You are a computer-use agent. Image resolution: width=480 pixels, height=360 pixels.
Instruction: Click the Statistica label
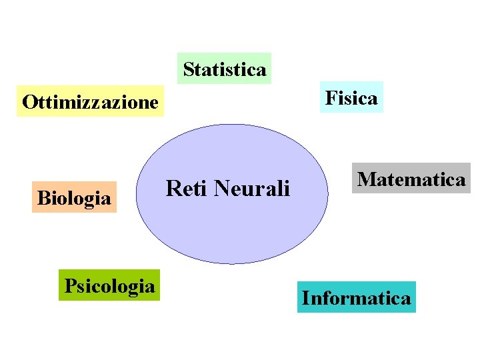click(x=225, y=69)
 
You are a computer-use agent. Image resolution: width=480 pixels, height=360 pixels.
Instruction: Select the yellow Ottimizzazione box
click(x=90, y=102)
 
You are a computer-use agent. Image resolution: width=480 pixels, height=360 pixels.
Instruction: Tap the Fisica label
click(x=351, y=98)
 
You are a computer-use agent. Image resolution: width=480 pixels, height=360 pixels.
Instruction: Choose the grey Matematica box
click(x=411, y=179)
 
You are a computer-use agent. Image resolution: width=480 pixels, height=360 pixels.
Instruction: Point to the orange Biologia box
click(x=74, y=197)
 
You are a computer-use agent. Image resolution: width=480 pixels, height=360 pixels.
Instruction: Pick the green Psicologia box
click(x=109, y=286)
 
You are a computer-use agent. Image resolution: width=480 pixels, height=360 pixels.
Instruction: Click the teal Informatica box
click(x=357, y=297)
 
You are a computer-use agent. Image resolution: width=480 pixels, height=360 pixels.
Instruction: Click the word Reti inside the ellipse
click(x=183, y=189)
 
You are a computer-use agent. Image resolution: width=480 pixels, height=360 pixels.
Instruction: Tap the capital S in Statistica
click(x=188, y=69)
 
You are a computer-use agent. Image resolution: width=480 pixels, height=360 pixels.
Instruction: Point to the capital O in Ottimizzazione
click(x=29, y=102)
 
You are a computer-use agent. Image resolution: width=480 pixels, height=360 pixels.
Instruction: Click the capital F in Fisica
click(x=330, y=98)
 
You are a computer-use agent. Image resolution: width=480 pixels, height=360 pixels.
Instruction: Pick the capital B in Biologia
click(x=43, y=197)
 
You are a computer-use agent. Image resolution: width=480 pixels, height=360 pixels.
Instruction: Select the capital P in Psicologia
click(x=69, y=286)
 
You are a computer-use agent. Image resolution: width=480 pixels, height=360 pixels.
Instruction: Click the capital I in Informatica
click(x=305, y=297)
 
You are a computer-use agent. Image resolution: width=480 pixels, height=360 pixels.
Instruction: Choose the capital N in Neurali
click(x=221, y=189)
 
